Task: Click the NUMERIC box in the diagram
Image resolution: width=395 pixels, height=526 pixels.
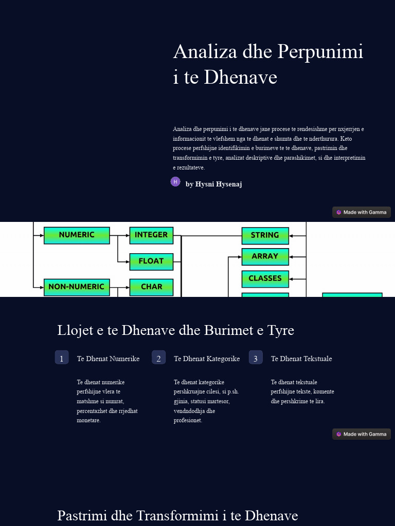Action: coord(77,235)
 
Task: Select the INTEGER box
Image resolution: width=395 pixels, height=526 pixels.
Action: coord(151,235)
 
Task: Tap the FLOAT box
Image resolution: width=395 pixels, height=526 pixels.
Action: coord(151,261)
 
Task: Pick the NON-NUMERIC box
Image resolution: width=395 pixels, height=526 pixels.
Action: coord(77,287)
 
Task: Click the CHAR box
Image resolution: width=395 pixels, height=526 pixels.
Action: coord(151,287)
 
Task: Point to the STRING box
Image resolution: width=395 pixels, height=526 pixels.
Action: coord(265,236)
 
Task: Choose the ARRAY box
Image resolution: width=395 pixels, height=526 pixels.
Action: coord(265,257)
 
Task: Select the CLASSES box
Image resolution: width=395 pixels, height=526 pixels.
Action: coord(265,279)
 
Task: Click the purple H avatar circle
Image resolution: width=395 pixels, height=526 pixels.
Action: coord(175,181)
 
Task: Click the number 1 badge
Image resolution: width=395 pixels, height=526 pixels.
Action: coord(62,358)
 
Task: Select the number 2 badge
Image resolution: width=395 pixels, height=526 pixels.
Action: coord(158,358)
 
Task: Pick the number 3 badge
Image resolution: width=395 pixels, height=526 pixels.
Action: coord(256,358)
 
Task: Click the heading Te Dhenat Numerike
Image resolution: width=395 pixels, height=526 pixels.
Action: coord(108,359)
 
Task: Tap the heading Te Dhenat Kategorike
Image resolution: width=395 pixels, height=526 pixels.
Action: coord(207,359)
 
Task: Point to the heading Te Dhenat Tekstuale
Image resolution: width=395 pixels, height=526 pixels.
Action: coord(301,359)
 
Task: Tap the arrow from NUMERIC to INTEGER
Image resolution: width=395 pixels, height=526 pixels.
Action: coord(120,236)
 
